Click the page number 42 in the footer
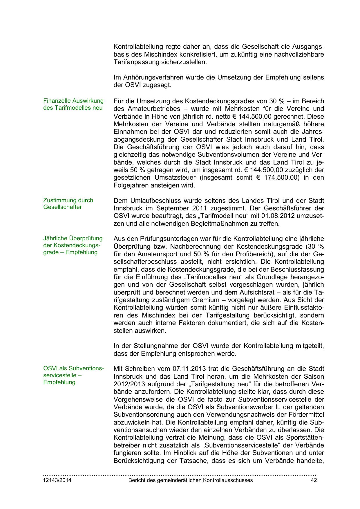coord(314,480)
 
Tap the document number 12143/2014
coord(57,480)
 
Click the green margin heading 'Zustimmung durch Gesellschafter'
coord(68,204)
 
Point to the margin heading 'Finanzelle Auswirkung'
coord(73,101)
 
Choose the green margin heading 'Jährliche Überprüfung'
coord(73,239)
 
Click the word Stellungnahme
coord(153,346)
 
